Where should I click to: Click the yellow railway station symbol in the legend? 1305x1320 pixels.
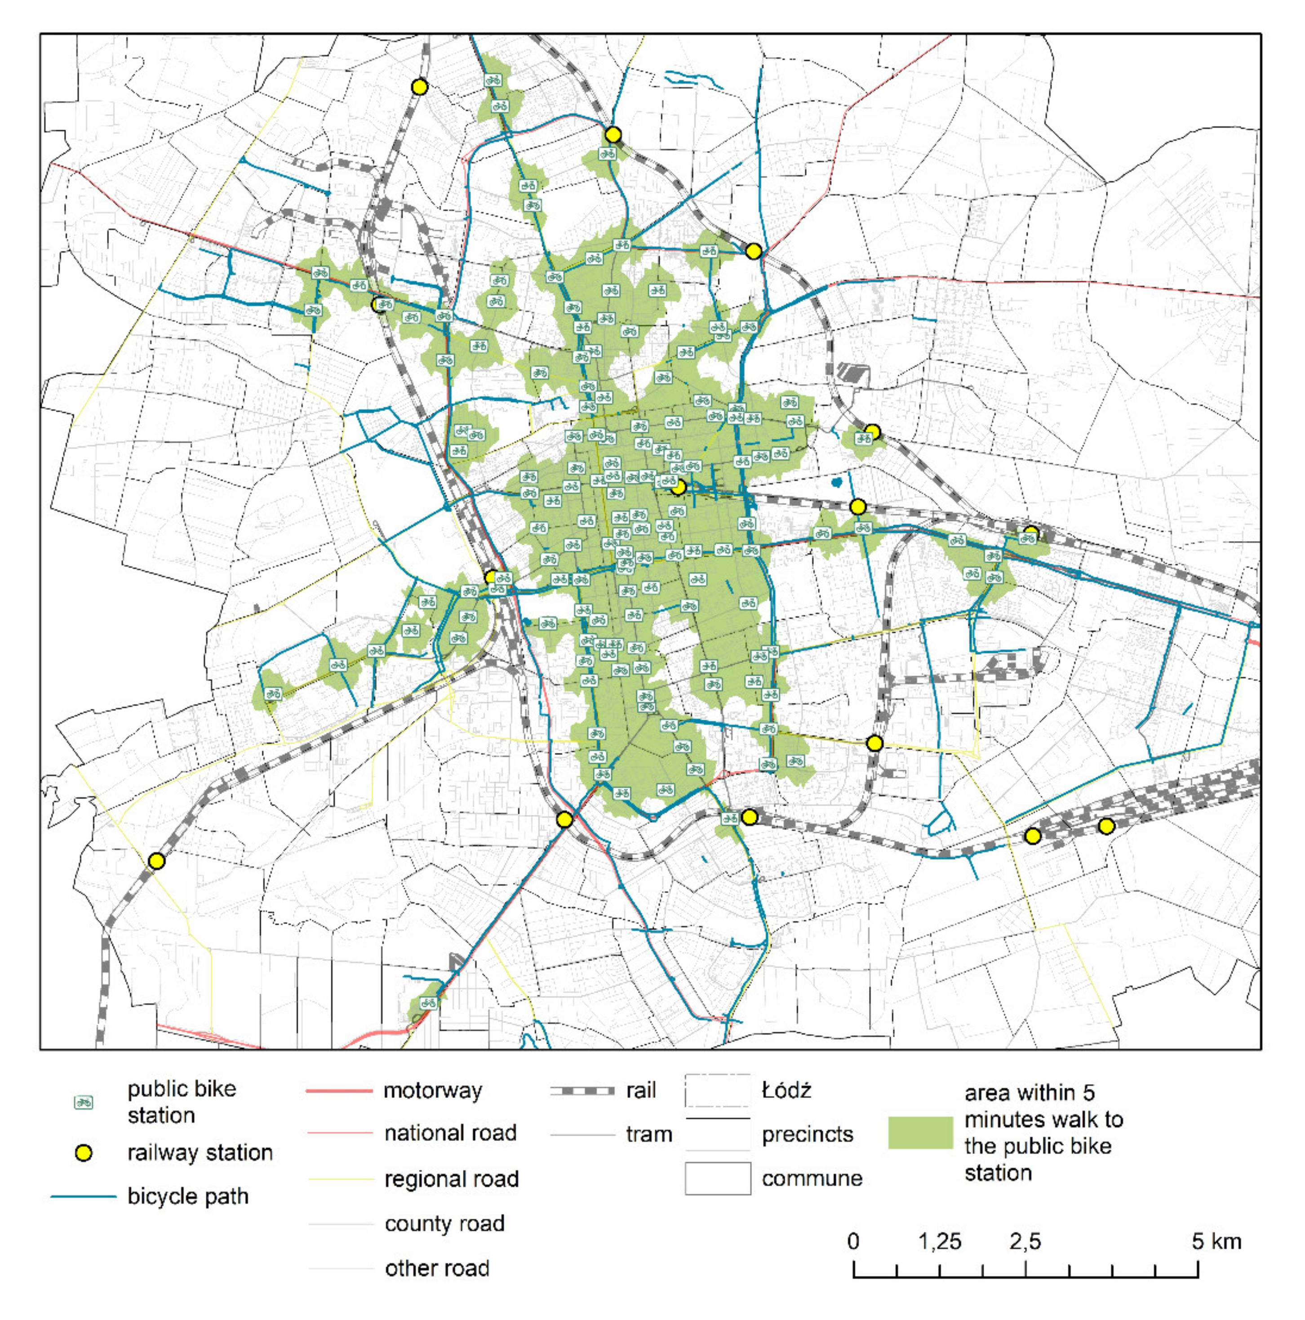coord(83,1153)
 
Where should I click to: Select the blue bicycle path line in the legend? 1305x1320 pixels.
coord(83,1196)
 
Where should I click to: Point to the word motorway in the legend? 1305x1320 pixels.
coord(432,1090)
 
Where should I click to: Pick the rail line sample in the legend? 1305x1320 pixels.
coord(581,1090)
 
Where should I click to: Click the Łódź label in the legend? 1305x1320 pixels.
coord(786,1090)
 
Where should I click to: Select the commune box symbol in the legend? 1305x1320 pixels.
coord(717,1178)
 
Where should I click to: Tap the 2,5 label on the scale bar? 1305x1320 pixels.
coord(1025,1241)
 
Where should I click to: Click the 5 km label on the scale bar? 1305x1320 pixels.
coord(1216,1241)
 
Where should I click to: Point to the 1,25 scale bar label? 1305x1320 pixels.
coord(940,1241)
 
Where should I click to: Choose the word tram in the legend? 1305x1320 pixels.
coord(648,1134)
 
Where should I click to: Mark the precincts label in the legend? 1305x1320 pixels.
coord(807,1134)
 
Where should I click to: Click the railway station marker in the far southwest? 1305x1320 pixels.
coord(156,861)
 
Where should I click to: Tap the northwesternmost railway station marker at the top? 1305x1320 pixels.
coord(420,87)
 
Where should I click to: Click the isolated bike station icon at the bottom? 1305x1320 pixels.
coord(428,1003)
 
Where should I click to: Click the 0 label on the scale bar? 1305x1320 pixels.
coord(853,1241)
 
